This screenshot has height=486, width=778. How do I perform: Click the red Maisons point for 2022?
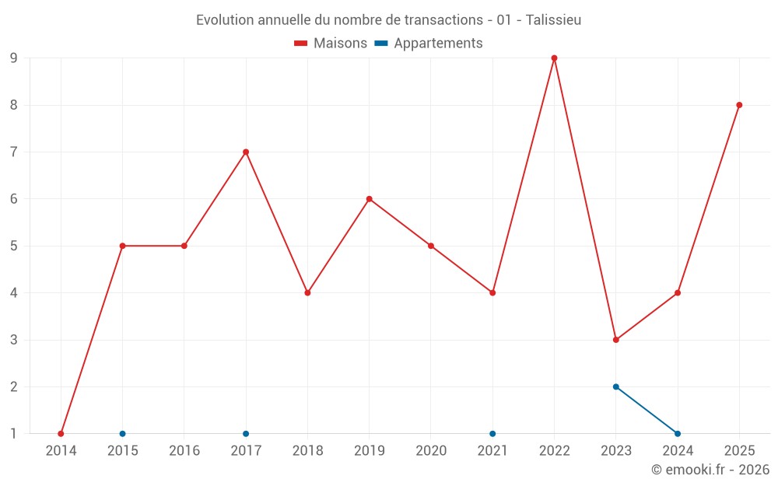(x=554, y=58)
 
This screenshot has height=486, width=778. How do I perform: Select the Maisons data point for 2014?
(x=61, y=434)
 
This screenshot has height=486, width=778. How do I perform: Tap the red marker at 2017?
(x=246, y=152)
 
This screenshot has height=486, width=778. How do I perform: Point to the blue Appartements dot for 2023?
(x=615, y=386)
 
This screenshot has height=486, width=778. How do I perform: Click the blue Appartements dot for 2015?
(x=123, y=434)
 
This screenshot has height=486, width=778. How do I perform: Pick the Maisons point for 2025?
(x=739, y=105)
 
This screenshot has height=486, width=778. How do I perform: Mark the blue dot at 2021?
(x=492, y=434)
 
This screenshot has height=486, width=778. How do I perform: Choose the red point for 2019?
(x=369, y=199)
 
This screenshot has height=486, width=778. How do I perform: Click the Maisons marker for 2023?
(x=615, y=340)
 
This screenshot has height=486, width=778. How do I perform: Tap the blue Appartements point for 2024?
(x=678, y=434)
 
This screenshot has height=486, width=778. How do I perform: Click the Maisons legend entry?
(x=331, y=43)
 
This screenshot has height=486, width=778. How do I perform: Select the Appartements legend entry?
(x=428, y=43)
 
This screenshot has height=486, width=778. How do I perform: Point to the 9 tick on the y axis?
(x=13, y=58)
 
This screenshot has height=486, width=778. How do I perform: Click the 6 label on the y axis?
(x=13, y=199)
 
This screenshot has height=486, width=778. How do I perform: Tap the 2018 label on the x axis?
(x=307, y=450)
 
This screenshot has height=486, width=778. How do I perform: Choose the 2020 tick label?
(x=431, y=450)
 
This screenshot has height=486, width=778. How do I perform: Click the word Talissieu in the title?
(x=553, y=20)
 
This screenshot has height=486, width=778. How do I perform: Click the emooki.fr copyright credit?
(x=710, y=469)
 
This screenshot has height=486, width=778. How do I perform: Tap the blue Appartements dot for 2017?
(x=246, y=434)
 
